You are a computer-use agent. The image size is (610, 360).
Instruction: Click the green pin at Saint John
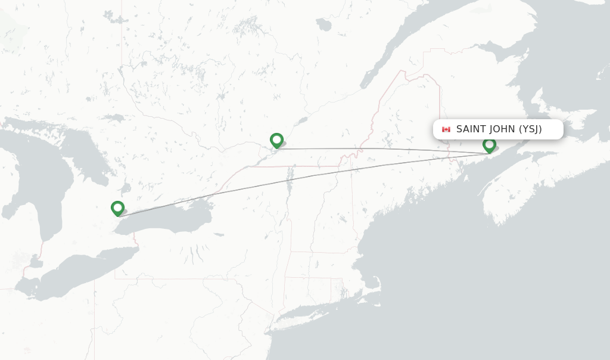pyautogui.click(x=489, y=144)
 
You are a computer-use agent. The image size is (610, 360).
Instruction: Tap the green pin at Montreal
pyautogui.click(x=276, y=140)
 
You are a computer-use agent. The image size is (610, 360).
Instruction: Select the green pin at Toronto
pyautogui.click(x=117, y=208)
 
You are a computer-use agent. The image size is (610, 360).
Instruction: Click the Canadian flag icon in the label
pyautogui.click(x=446, y=129)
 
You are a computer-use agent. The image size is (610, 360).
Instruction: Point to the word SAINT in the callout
pyautogui.click(x=471, y=129)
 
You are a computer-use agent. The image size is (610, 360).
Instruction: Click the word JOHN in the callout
pyautogui.click(x=502, y=129)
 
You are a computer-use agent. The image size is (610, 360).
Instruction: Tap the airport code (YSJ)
pyautogui.click(x=530, y=129)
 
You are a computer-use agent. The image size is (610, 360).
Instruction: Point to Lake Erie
pyautogui.click(x=83, y=268)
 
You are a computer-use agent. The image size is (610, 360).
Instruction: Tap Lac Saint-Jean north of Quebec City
pyautogui.click(x=323, y=24)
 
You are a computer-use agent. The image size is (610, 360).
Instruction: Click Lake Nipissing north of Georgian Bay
pyautogui.click(x=111, y=118)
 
